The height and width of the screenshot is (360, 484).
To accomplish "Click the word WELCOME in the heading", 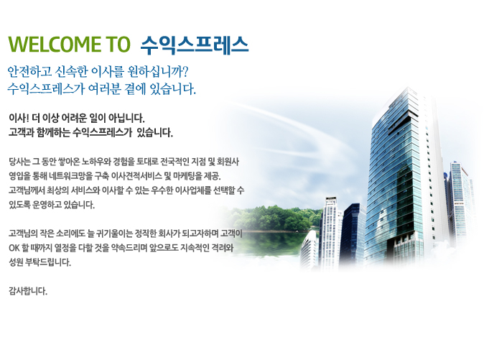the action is coord(55,44).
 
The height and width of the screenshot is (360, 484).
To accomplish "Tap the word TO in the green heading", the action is coord(118,44).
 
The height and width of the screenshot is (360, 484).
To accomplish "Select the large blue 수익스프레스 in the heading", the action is coord(195,45).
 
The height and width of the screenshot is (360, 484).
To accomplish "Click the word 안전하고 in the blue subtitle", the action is coord(29,72).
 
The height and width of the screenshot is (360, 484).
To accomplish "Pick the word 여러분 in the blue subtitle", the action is coord(103,89).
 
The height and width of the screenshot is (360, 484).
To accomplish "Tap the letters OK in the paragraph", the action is coord(14,248).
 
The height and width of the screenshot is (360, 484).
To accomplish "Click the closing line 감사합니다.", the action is coord(28,291).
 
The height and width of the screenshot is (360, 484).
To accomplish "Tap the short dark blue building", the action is coord(352,235).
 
